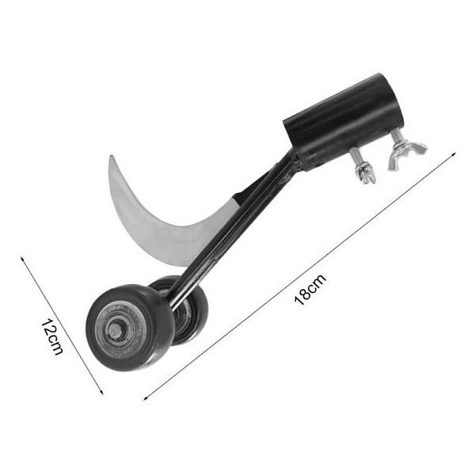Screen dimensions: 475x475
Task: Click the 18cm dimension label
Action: click(x=310, y=289)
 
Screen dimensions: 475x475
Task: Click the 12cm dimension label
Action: click(x=51, y=336)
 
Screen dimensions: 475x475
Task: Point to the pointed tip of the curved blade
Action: click(x=111, y=156)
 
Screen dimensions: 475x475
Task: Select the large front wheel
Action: click(x=131, y=328)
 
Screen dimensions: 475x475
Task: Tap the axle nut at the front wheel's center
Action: click(x=116, y=330)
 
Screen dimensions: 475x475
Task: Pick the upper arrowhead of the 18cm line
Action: click(x=454, y=154)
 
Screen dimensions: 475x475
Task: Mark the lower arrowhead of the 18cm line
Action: click(x=146, y=399)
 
